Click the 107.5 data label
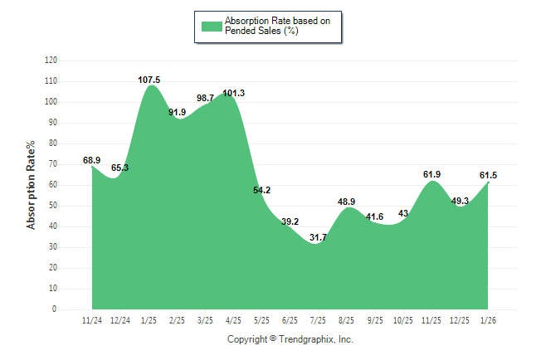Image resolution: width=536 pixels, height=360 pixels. point(149,80)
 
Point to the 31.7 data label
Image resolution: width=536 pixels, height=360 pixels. point(319,238)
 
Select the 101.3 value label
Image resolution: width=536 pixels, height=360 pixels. point(234,93)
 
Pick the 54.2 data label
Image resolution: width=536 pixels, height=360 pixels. point(262,190)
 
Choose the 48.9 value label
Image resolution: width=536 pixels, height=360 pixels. point(347,202)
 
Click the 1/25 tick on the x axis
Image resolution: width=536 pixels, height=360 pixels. point(149,320)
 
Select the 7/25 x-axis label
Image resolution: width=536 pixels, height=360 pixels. point(319,320)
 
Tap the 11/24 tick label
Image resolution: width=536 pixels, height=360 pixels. point(92,320)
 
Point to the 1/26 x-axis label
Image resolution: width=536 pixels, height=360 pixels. point(489,320)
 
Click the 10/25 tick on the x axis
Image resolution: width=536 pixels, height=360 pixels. point(404,320)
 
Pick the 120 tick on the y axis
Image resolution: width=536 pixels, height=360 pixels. point(51,61)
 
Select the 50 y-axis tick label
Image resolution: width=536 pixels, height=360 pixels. point(53,206)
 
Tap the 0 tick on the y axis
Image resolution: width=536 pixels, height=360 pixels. point(55,309)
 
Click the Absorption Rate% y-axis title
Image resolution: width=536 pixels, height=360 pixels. point(32,185)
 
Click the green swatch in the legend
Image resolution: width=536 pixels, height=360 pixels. point(212,26)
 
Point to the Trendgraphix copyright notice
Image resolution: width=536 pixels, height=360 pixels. point(290,339)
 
